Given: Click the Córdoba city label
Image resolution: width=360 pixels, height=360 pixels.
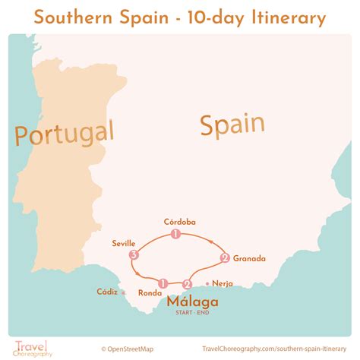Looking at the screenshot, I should coord(179,222).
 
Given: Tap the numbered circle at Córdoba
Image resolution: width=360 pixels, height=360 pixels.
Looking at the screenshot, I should coord(175,234).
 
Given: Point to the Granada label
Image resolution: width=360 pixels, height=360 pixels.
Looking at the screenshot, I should coord(250,258).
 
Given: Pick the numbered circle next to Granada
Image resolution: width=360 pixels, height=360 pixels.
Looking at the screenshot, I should coord(224,258).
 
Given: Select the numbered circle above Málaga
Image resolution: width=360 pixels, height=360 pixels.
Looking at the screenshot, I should coord(187,285).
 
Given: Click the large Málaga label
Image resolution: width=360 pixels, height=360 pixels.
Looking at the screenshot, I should coord(191,302).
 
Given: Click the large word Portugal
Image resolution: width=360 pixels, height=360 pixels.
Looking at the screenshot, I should coord(64,134).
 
